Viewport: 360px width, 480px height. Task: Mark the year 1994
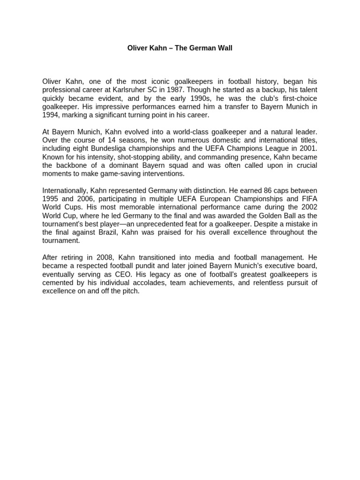[50, 115]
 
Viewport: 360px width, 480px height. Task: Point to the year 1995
[50, 199]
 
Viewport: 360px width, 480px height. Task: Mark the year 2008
[105, 257]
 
